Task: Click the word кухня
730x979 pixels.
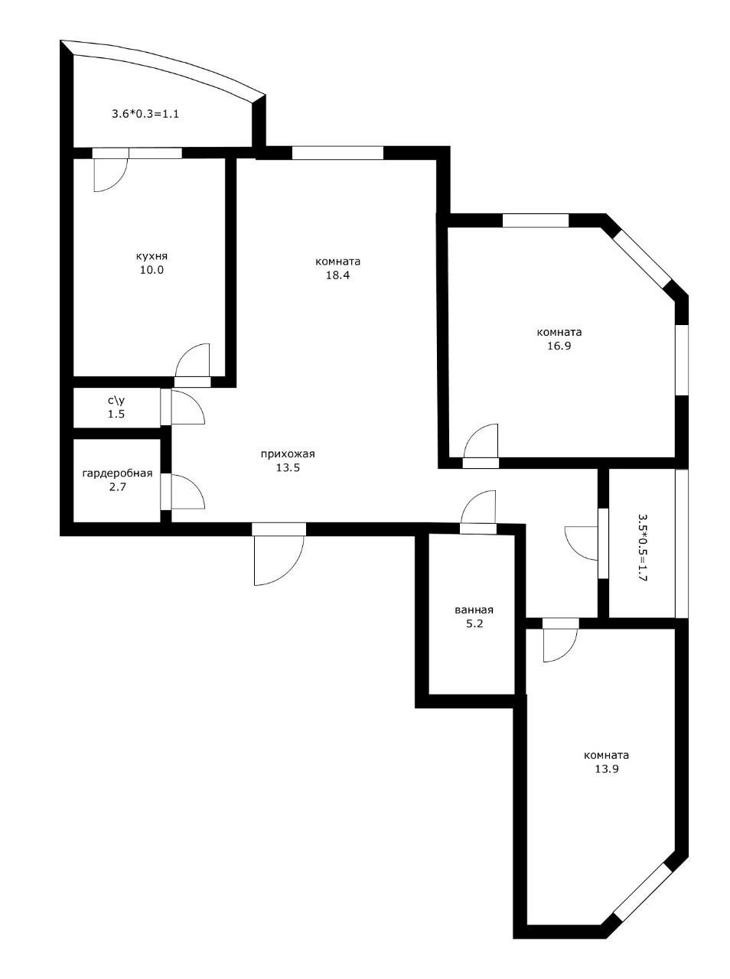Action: point(152,256)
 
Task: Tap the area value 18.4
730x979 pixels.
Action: point(337,275)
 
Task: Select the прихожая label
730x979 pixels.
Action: point(288,454)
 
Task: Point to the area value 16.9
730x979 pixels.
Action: point(559,346)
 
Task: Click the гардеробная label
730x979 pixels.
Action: point(117,473)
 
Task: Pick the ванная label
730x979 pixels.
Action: point(474,610)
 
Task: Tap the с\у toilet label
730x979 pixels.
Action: point(116,400)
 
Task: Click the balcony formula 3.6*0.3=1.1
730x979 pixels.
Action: point(145,114)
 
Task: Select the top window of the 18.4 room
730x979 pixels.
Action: point(337,152)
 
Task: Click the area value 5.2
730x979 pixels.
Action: point(474,623)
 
